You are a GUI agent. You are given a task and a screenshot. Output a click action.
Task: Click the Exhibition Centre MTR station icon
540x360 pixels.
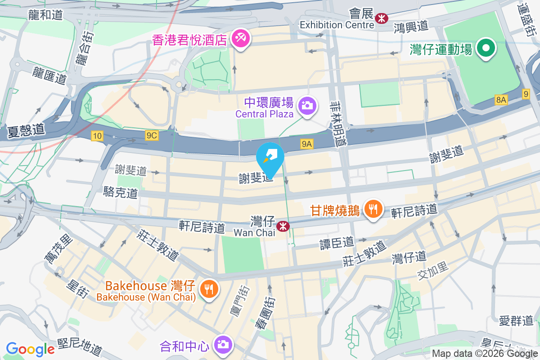(x=382, y=18)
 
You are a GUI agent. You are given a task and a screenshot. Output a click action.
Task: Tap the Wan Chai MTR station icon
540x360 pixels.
(x=283, y=226)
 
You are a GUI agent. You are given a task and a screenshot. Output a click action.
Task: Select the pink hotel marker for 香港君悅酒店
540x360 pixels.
(x=238, y=39)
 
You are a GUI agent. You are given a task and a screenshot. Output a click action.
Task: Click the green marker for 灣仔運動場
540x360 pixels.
(x=486, y=48)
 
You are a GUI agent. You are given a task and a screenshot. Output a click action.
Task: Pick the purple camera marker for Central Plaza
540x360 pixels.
(x=308, y=106)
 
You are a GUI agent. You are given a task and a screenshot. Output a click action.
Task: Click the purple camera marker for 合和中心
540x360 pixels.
(x=223, y=345)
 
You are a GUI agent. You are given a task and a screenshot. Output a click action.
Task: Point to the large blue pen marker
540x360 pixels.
(x=270, y=158)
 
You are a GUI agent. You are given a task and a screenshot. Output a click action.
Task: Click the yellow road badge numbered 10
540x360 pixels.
(x=97, y=135)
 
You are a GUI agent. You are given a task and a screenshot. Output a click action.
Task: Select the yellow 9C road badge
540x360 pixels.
(x=152, y=135)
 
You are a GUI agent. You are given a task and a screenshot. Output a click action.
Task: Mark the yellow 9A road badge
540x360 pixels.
(x=307, y=144)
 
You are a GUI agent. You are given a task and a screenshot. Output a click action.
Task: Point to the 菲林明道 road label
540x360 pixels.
(x=339, y=123)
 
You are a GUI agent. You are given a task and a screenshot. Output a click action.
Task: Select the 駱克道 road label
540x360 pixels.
(x=120, y=193)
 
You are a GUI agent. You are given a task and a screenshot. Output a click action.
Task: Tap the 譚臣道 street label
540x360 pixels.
(x=337, y=242)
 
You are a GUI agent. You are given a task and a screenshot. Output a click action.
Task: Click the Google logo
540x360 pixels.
(x=31, y=348)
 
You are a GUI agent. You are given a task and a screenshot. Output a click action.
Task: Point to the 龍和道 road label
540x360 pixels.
(x=45, y=15)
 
